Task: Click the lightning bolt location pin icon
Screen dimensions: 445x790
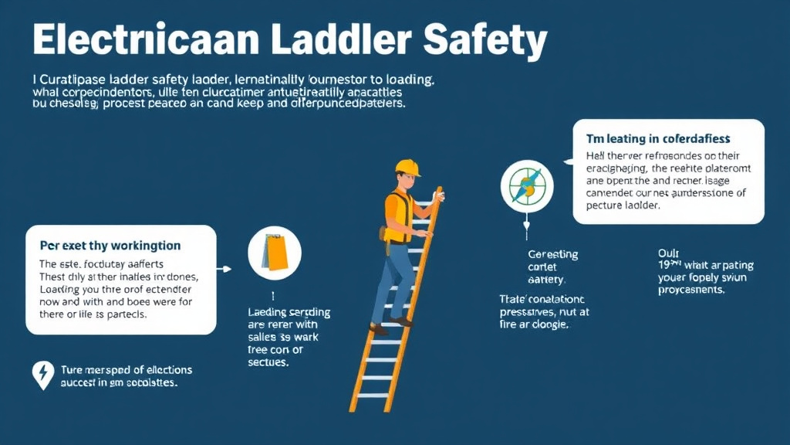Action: pyautogui.click(x=42, y=375)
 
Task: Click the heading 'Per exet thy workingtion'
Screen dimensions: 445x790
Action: pyautogui.click(x=110, y=246)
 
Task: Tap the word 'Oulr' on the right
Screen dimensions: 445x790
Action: pyautogui.click(x=667, y=252)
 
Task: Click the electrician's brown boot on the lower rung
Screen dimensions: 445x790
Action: pyautogui.click(x=378, y=328)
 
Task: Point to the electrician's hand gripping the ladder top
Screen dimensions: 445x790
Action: pyautogui.click(x=437, y=196)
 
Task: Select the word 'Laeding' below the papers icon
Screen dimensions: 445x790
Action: pyautogui.click(x=267, y=312)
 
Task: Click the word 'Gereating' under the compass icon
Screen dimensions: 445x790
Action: pyautogui.click(x=552, y=254)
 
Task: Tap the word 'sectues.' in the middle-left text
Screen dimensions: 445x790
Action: pyautogui.click(x=268, y=362)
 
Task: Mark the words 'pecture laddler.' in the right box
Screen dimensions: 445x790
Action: pyautogui.click(x=625, y=207)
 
